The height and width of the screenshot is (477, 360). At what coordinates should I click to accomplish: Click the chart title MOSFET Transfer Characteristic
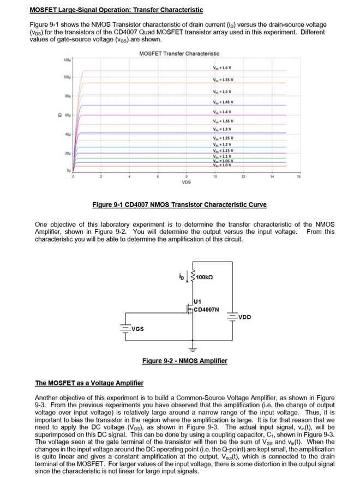click(x=179, y=53)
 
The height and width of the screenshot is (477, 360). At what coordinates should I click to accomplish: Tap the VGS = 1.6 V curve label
click(x=223, y=67)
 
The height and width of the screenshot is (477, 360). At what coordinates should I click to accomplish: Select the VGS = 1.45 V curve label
click(x=223, y=102)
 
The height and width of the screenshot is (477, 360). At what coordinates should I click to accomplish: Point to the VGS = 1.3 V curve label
click(x=223, y=129)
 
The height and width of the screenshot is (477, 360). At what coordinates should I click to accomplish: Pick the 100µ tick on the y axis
click(x=67, y=77)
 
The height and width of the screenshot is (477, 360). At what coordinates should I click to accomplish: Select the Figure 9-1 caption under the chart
click(x=179, y=205)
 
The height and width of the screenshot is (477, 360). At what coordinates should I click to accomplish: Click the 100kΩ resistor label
click(x=203, y=277)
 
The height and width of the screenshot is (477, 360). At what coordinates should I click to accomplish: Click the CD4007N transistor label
click(x=207, y=309)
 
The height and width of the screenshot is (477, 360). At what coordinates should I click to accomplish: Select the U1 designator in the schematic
click(x=198, y=300)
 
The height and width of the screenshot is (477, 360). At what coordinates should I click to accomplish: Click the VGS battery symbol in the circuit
click(x=125, y=328)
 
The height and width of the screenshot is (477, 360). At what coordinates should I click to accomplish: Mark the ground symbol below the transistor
click(x=192, y=348)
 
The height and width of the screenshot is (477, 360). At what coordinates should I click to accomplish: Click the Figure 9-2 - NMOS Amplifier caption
click(x=184, y=361)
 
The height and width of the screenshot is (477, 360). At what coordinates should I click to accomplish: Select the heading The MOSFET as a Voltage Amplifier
click(x=89, y=383)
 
